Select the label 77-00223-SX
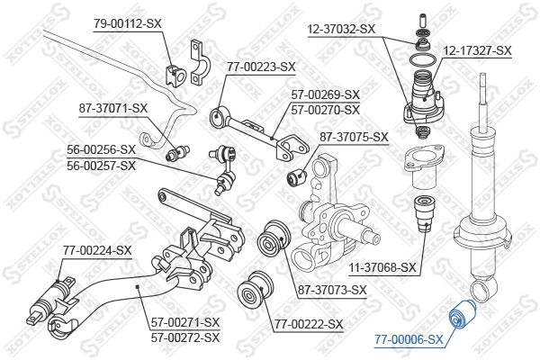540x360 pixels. pos(261,67)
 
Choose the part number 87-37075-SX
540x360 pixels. pos(354,138)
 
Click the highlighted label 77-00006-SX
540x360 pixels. pos(409,339)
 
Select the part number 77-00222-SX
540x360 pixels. pos(309,323)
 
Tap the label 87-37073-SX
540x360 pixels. pos(332,290)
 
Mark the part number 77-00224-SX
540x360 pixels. pos(96,250)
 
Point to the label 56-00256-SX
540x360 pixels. pos(101,149)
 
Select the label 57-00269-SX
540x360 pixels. pos(325,94)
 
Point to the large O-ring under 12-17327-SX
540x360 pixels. pos(419,61)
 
